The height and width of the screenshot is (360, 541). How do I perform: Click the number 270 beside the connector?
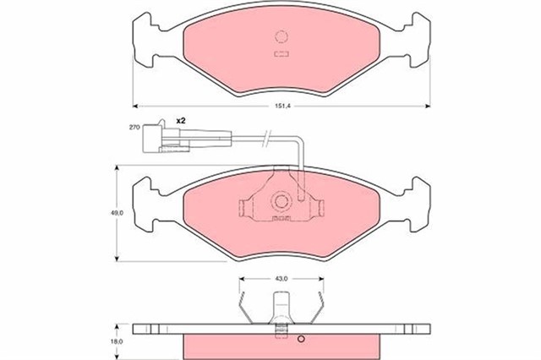click(134, 127)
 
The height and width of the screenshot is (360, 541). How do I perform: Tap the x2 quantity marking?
click(181, 122)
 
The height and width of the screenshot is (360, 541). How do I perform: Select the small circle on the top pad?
click(282, 37)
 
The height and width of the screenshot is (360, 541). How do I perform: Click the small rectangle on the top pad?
click(282, 54)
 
